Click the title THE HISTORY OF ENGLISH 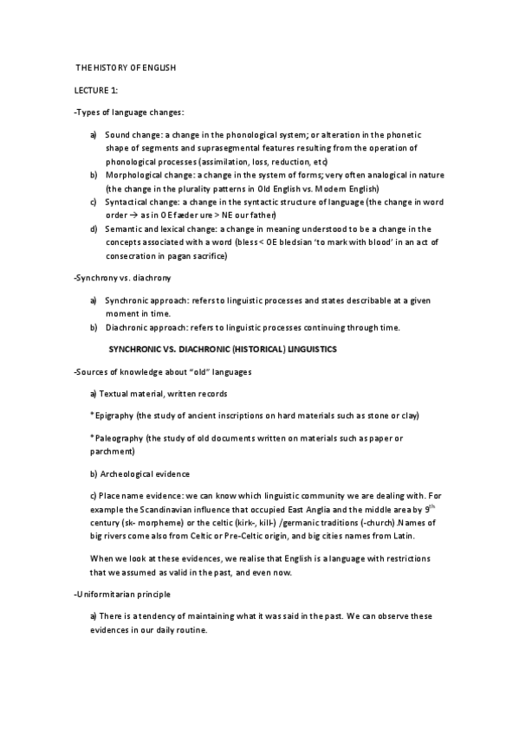click(126, 68)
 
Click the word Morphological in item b click(142, 175)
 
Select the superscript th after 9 click(430, 505)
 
